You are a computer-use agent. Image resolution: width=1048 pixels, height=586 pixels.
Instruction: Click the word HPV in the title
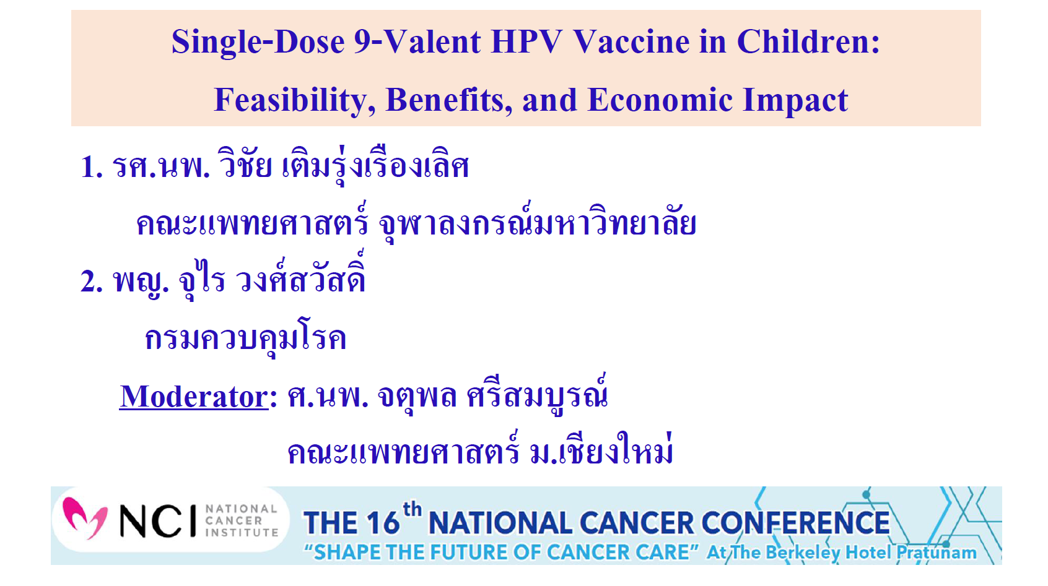pyautogui.click(x=526, y=42)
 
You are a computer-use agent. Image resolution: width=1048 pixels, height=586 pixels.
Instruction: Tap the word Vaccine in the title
pyautogui.click(x=631, y=42)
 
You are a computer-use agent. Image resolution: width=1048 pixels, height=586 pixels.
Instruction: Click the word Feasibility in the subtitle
pyautogui.click(x=294, y=100)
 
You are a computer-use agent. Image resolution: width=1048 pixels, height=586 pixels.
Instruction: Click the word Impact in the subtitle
pyautogui.click(x=795, y=100)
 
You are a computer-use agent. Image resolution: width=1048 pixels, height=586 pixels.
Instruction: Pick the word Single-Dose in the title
pyautogui.click(x=258, y=42)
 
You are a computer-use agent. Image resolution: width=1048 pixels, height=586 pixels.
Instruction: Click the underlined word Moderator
pyautogui.click(x=194, y=397)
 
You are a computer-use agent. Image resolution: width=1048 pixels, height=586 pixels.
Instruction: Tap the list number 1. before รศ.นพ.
pyautogui.click(x=92, y=167)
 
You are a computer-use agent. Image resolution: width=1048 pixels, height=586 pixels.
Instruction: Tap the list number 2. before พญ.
pyautogui.click(x=92, y=282)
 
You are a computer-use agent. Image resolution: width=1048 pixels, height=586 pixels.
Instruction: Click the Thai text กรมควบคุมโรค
pyautogui.click(x=245, y=339)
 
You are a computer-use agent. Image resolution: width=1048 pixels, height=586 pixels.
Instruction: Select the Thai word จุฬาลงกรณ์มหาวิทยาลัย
pyautogui.click(x=537, y=224)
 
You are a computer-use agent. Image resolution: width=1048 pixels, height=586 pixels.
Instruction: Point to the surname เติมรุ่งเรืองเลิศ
pyautogui.click(x=375, y=167)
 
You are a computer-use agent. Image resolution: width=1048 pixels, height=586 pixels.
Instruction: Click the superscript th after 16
pyautogui.click(x=412, y=509)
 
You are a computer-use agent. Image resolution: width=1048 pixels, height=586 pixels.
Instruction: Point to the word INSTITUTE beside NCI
pyautogui.click(x=242, y=532)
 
